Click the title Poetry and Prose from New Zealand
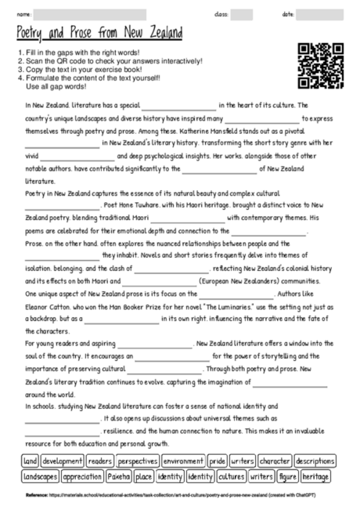pos(99,34)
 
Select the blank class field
pos(241,14)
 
